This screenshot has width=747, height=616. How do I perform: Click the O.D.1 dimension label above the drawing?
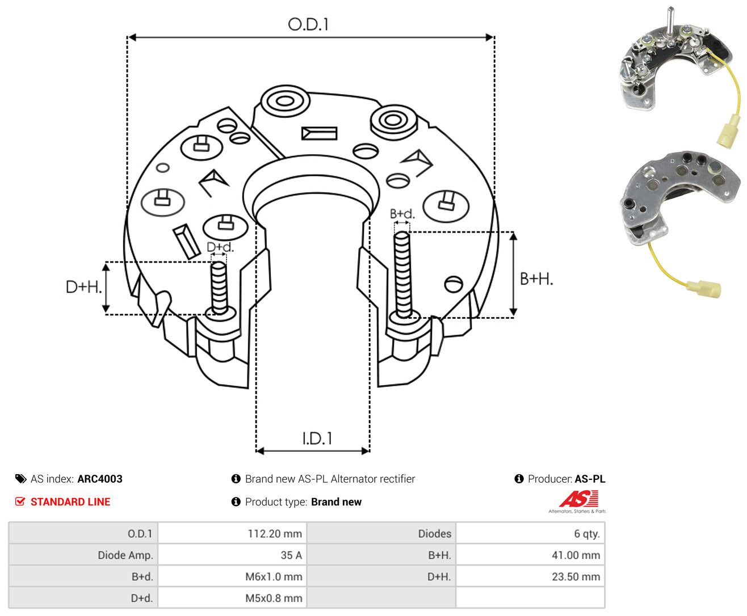click(x=308, y=24)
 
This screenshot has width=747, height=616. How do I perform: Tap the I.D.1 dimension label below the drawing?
click(x=317, y=438)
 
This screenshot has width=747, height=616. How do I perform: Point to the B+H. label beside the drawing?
click(x=536, y=279)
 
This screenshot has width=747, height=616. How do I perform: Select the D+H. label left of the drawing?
click(x=83, y=287)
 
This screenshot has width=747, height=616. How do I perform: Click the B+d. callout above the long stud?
click(x=402, y=214)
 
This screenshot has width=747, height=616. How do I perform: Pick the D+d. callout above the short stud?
click(x=220, y=247)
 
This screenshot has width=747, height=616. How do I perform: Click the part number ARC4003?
click(x=100, y=479)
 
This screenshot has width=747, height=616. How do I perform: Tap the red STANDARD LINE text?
click(x=70, y=501)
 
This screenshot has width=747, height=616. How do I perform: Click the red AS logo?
click(x=578, y=499)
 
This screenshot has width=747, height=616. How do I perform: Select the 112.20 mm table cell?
click(x=232, y=533)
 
